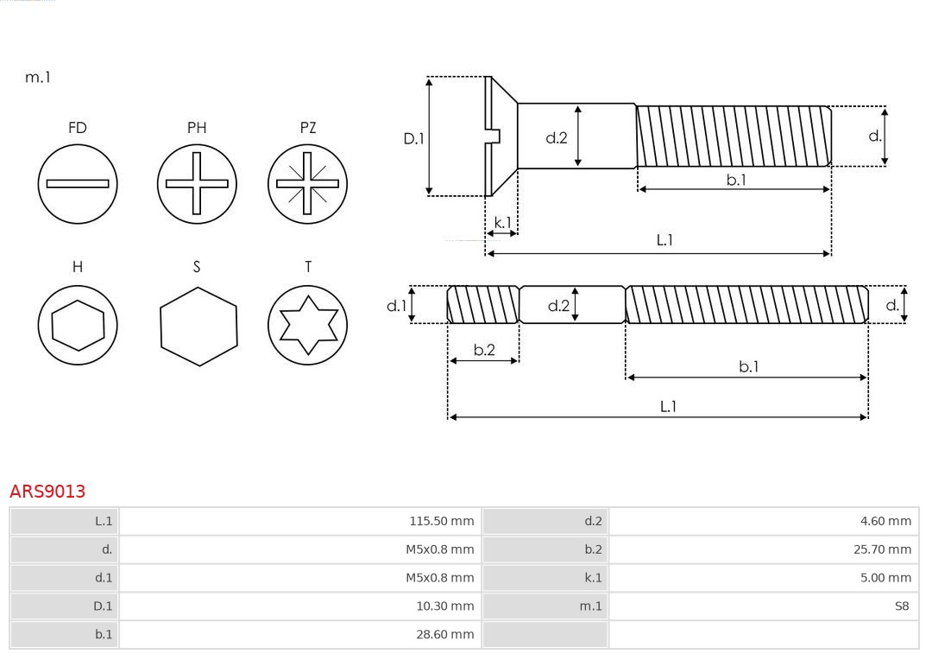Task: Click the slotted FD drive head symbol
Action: coord(78,184)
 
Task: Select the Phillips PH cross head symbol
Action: coord(197,184)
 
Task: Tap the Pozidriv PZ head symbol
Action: coord(307,184)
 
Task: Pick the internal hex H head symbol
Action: coord(78,325)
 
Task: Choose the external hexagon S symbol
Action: coord(198,325)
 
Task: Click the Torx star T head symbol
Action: coord(307,325)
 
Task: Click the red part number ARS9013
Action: coord(47,492)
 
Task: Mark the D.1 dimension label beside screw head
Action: coord(414,137)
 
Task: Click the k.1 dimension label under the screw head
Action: coord(502,222)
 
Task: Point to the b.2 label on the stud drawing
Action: coord(484,350)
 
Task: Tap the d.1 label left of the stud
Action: coord(395,305)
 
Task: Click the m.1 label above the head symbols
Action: coord(38,77)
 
